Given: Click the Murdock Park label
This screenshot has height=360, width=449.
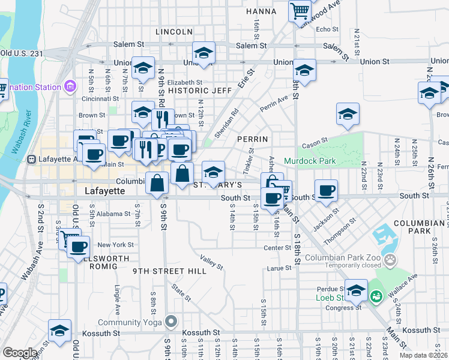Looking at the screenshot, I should [x=309, y=161].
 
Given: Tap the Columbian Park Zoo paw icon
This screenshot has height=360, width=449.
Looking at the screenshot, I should [x=391, y=260].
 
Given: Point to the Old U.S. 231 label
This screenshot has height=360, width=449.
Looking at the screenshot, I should [x=22, y=53].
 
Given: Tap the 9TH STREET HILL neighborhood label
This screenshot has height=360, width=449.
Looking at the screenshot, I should [x=170, y=271].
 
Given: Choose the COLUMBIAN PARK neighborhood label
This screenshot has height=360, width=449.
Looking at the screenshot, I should [x=420, y=227].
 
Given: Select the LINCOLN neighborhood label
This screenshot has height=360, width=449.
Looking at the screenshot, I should [x=173, y=31].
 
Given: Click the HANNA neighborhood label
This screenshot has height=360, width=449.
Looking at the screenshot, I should [x=261, y=11].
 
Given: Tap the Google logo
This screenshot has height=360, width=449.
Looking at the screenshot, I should [x=20, y=353].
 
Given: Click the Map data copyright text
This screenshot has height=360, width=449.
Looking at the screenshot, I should [x=424, y=355].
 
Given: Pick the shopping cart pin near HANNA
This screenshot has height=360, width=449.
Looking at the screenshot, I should [x=299, y=10].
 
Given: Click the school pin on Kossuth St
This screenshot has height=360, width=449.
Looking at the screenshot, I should [x=59, y=330].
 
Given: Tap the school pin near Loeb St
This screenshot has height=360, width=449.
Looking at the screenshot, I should [x=356, y=289].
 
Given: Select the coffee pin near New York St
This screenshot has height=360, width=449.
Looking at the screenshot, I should [x=79, y=247].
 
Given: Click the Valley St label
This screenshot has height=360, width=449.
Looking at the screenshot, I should [x=212, y=262].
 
